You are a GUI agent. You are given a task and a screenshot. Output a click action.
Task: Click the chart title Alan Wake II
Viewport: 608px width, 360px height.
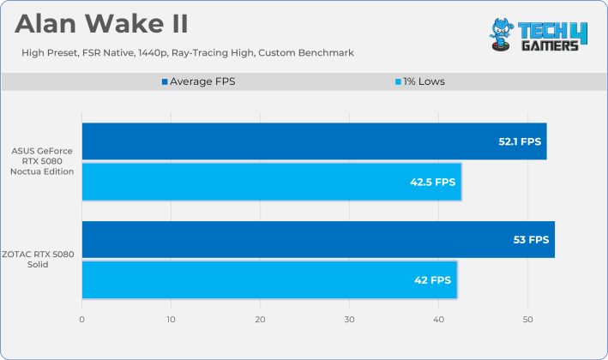(101, 24)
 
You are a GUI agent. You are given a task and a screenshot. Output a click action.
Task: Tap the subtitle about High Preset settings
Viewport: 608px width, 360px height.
(188, 52)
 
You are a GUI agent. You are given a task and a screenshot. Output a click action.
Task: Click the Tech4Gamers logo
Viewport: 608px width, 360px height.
(539, 35)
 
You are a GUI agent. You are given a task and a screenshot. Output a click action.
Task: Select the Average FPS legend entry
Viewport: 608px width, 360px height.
(199, 81)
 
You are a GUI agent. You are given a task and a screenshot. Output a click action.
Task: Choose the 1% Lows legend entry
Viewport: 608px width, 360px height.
(420, 81)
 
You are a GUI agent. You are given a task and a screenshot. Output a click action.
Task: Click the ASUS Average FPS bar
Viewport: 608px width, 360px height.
(315, 141)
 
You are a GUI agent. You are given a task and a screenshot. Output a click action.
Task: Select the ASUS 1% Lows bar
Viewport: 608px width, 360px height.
(272, 182)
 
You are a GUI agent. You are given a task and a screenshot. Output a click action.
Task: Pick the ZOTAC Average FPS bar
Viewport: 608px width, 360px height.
(318, 239)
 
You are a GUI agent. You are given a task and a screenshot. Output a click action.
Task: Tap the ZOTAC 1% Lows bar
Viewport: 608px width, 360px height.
(269, 279)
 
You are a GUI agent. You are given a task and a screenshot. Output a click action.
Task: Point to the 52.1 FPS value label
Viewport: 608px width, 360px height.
(520, 141)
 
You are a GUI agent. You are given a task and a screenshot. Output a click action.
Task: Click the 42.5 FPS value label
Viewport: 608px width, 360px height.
(433, 182)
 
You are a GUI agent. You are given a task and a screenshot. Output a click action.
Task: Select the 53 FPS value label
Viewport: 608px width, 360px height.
(531, 240)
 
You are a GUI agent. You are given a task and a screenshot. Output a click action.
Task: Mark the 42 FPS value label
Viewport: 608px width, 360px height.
(433, 280)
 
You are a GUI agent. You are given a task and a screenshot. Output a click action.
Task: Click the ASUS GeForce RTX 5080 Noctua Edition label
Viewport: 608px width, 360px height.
(42, 161)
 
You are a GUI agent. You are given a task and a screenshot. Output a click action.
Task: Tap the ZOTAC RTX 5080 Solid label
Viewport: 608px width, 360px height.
(38, 259)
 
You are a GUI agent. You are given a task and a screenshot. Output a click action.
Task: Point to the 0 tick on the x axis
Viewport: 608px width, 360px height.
(81, 320)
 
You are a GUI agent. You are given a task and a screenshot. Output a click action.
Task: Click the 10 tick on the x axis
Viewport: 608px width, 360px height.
(171, 320)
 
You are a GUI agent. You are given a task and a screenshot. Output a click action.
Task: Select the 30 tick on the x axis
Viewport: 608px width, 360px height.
(349, 320)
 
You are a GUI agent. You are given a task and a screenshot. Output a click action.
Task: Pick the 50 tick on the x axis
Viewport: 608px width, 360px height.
(527, 320)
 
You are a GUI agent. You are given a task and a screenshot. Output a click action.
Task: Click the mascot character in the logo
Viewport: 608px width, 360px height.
(502, 35)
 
